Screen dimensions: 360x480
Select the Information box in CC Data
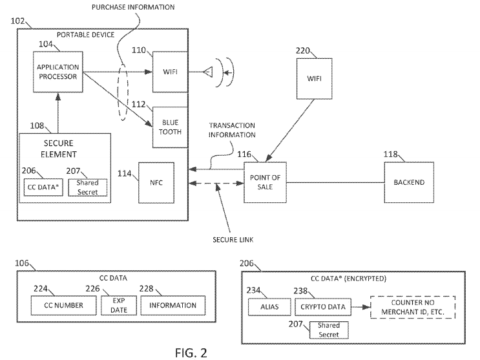pyautogui.click(x=172, y=305)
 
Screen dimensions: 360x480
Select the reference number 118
pyautogui.click(x=390, y=154)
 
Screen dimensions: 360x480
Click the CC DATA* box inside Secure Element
pyautogui.click(x=40, y=187)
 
